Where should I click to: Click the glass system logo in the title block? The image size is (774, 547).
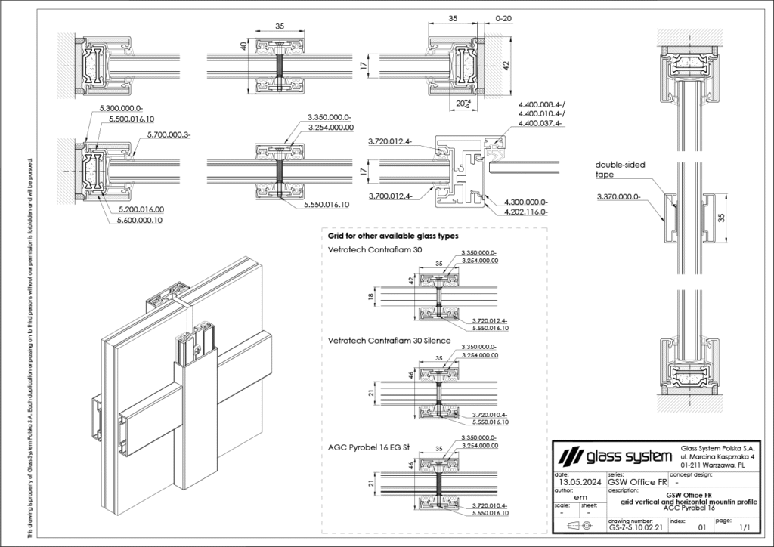pos(613,456)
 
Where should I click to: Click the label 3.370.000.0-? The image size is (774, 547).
pos(618,196)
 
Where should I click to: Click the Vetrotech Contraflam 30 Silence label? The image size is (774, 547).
pos(389,341)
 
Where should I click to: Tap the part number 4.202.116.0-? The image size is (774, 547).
pos(524,212)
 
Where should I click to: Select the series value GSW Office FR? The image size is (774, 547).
pos(637,481)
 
